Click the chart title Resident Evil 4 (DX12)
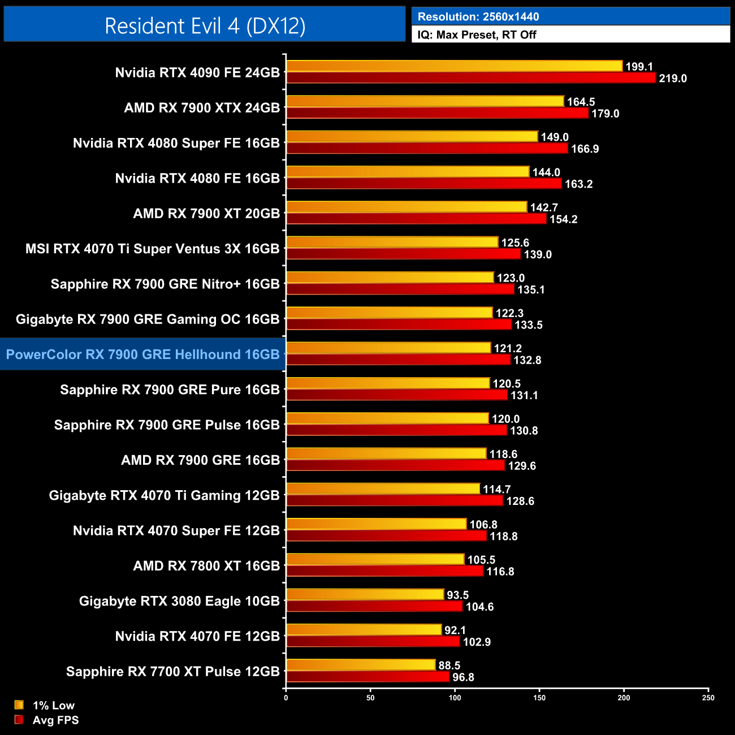(205, 25)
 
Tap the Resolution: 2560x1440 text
(478, 16)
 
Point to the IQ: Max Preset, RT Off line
(477, 34)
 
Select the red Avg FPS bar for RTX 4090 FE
(470, 78)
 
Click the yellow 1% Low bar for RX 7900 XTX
(425, 102)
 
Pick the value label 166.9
(585, 149)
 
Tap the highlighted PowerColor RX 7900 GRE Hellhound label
(142, 354)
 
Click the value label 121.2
(508, 348)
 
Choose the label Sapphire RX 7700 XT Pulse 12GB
(172, 671)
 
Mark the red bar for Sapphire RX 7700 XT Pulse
(367, 677)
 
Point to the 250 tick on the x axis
(708, 698)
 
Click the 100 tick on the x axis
(455, 698)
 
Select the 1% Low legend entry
(53, 705)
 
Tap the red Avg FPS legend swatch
(19, 720)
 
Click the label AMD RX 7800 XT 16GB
(206, 565)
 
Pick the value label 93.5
(457, 595)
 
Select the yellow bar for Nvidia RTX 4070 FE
(364, 630)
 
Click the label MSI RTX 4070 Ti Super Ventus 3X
(152, 249)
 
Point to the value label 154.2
(563, 219)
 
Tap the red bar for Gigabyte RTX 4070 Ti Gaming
(394, 500)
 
